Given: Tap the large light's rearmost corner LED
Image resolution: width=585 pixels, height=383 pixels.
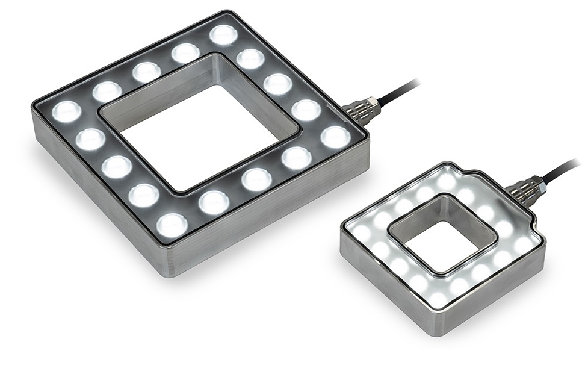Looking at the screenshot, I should [x=223, y=35].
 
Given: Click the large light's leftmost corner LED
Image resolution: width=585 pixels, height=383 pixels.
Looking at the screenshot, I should [x=67, y=111].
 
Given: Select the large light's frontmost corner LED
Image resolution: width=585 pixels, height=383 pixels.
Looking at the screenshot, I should [x=172, y=225].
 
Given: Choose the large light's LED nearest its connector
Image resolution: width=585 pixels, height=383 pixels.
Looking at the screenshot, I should [x=335, y=137].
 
